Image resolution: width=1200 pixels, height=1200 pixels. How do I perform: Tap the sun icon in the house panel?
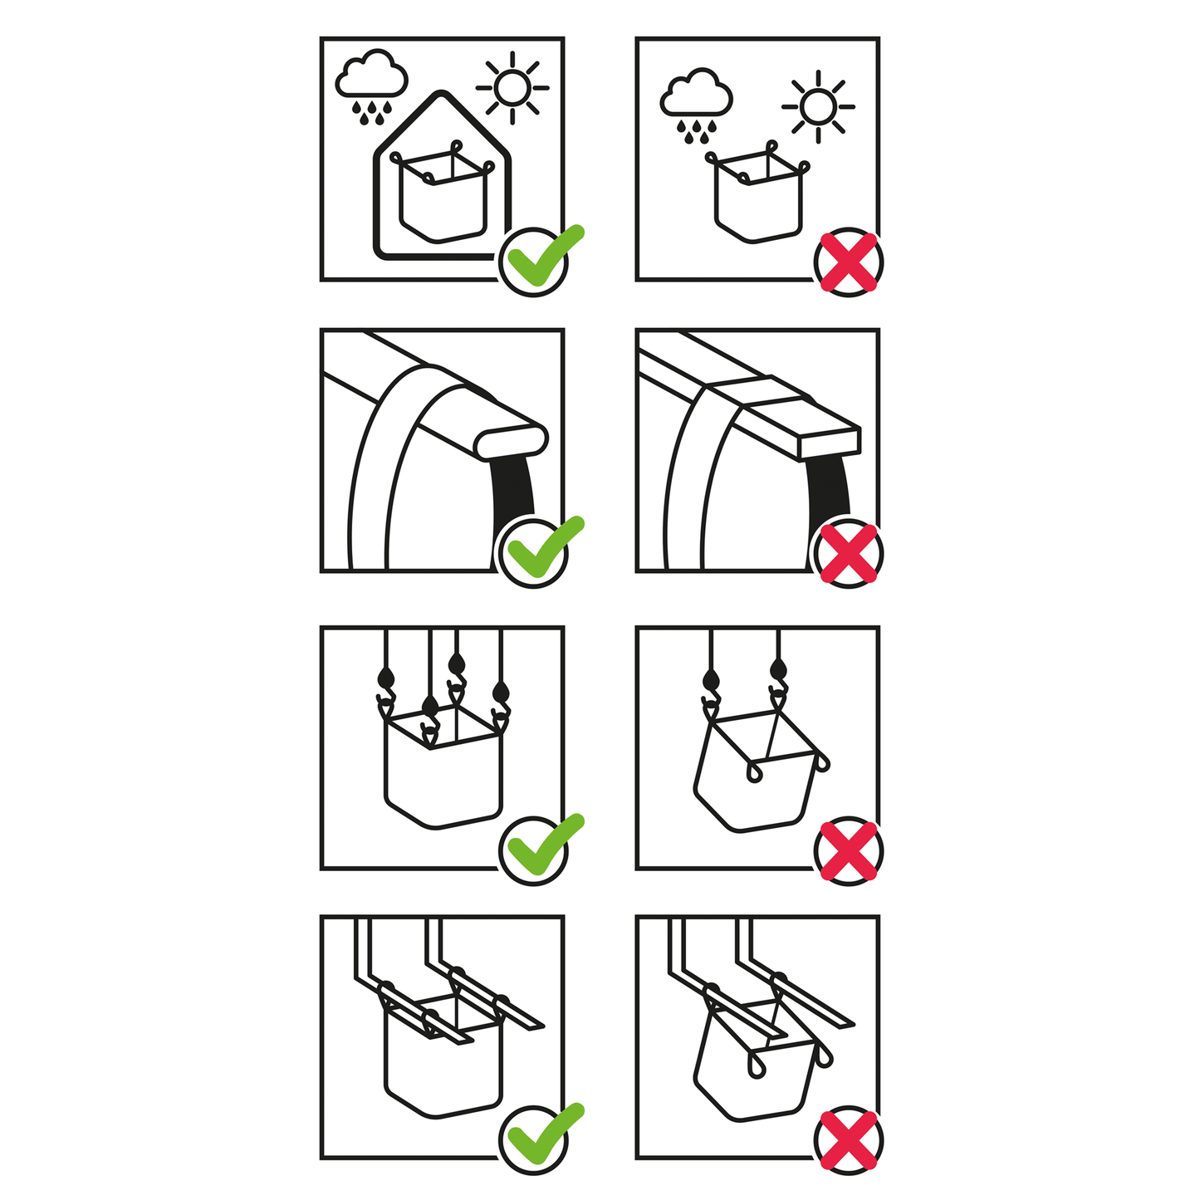click(512, 87)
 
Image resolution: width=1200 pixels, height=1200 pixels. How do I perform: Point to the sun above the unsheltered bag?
click(818, 106)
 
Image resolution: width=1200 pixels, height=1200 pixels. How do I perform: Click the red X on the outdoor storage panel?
click(848, 262)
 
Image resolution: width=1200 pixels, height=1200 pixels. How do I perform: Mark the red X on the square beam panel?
click(848, 554)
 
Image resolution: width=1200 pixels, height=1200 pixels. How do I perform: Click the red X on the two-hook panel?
click(848, 851)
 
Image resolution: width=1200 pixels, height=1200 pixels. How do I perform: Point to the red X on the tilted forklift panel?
click(848, 1140)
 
